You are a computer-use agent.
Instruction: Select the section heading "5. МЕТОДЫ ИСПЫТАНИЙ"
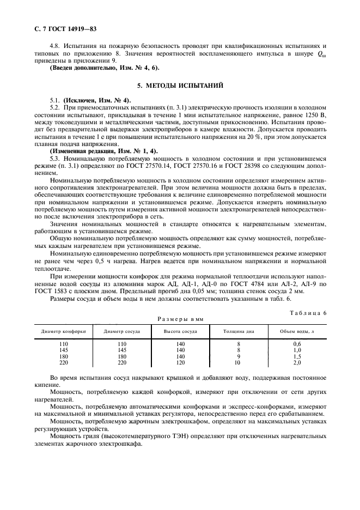[180, 86]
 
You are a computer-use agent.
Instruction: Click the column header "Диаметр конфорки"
[63, 331]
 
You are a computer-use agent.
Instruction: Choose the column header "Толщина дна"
[238, 331]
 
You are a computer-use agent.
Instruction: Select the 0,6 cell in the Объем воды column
[297, 344]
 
